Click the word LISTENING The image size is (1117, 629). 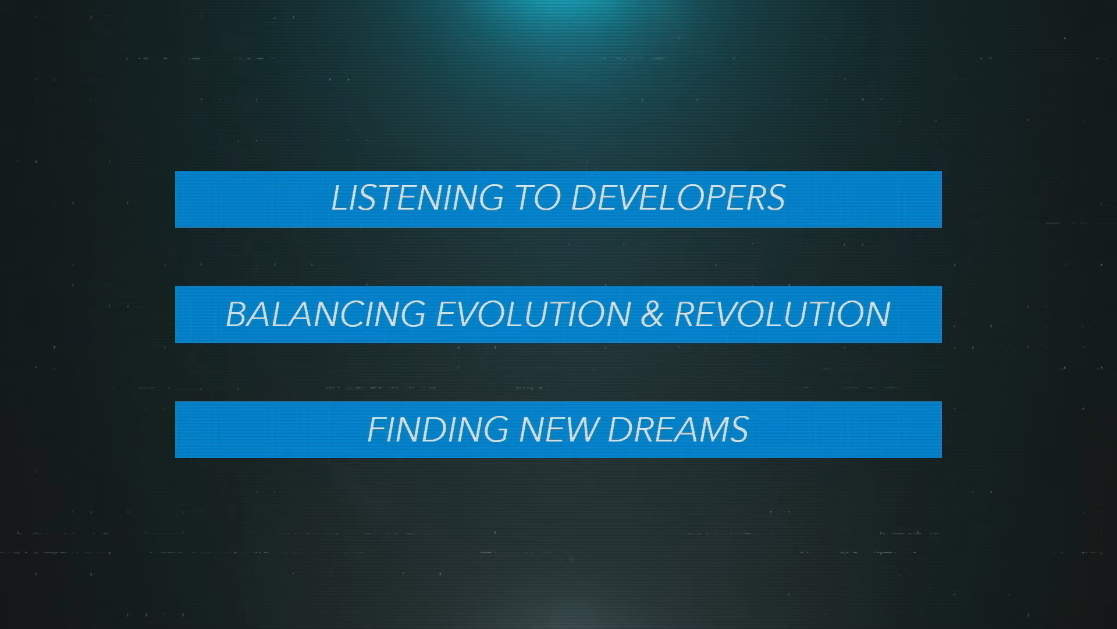[417, 197]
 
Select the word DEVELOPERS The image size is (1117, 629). [678, 197]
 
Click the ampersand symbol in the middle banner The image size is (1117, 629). [653, 314]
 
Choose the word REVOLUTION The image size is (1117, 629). [782, 314]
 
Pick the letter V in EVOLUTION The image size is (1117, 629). [468, 314]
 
